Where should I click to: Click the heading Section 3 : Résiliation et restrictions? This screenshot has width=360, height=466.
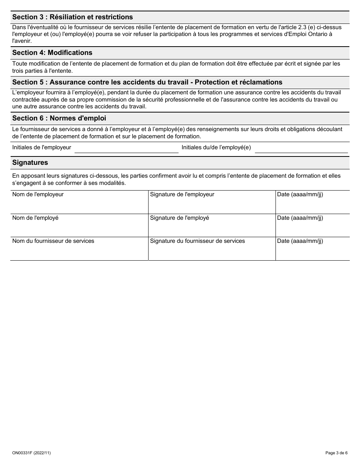[x=73, y=17]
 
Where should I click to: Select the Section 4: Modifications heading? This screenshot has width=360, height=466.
[x=52, y=53]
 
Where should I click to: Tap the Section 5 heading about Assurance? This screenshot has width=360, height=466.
[x=147, y=82]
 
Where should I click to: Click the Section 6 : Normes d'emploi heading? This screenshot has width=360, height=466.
[x=59, y=118]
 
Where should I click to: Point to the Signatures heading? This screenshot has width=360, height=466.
[x=30, y=163]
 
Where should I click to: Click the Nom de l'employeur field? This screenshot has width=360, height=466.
[x=79, y=205]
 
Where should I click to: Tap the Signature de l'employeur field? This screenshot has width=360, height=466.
[x=211, y=205]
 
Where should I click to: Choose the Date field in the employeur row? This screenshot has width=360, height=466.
[x=312, y=205]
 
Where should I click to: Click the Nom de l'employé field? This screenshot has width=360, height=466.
[x=79, y=228]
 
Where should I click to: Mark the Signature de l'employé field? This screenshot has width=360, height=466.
[x=211, y=228]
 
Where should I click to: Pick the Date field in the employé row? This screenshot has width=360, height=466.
[x=312, y=228]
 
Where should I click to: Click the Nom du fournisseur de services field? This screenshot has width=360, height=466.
[x=79, y=251]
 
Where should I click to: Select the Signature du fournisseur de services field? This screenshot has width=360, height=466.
[x=211, y=251]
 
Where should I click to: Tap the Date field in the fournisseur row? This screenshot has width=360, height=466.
[x=312, y=251]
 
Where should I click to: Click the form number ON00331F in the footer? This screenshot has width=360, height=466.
[x=31, y=453]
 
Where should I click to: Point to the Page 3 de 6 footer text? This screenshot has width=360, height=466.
[x=336, y=453]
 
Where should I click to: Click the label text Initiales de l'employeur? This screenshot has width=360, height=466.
[x=42, y=147]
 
